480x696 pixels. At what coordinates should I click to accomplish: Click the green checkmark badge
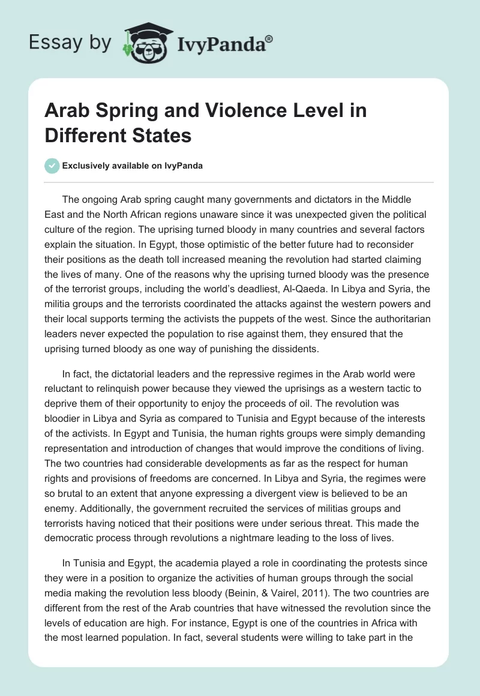pos(52,166)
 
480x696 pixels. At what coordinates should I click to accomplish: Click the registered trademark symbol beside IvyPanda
pos(269,39)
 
